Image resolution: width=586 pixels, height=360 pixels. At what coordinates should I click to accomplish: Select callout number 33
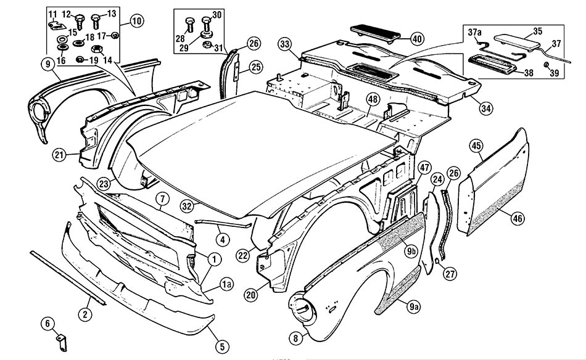point(285,44)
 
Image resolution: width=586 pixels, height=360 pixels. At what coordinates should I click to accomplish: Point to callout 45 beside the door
point(476,146)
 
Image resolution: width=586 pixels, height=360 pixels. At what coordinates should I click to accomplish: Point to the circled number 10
point(136,21)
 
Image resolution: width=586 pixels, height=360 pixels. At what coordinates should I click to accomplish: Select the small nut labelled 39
point(547,65)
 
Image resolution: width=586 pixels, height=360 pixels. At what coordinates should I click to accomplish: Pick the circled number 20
point(251,295)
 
